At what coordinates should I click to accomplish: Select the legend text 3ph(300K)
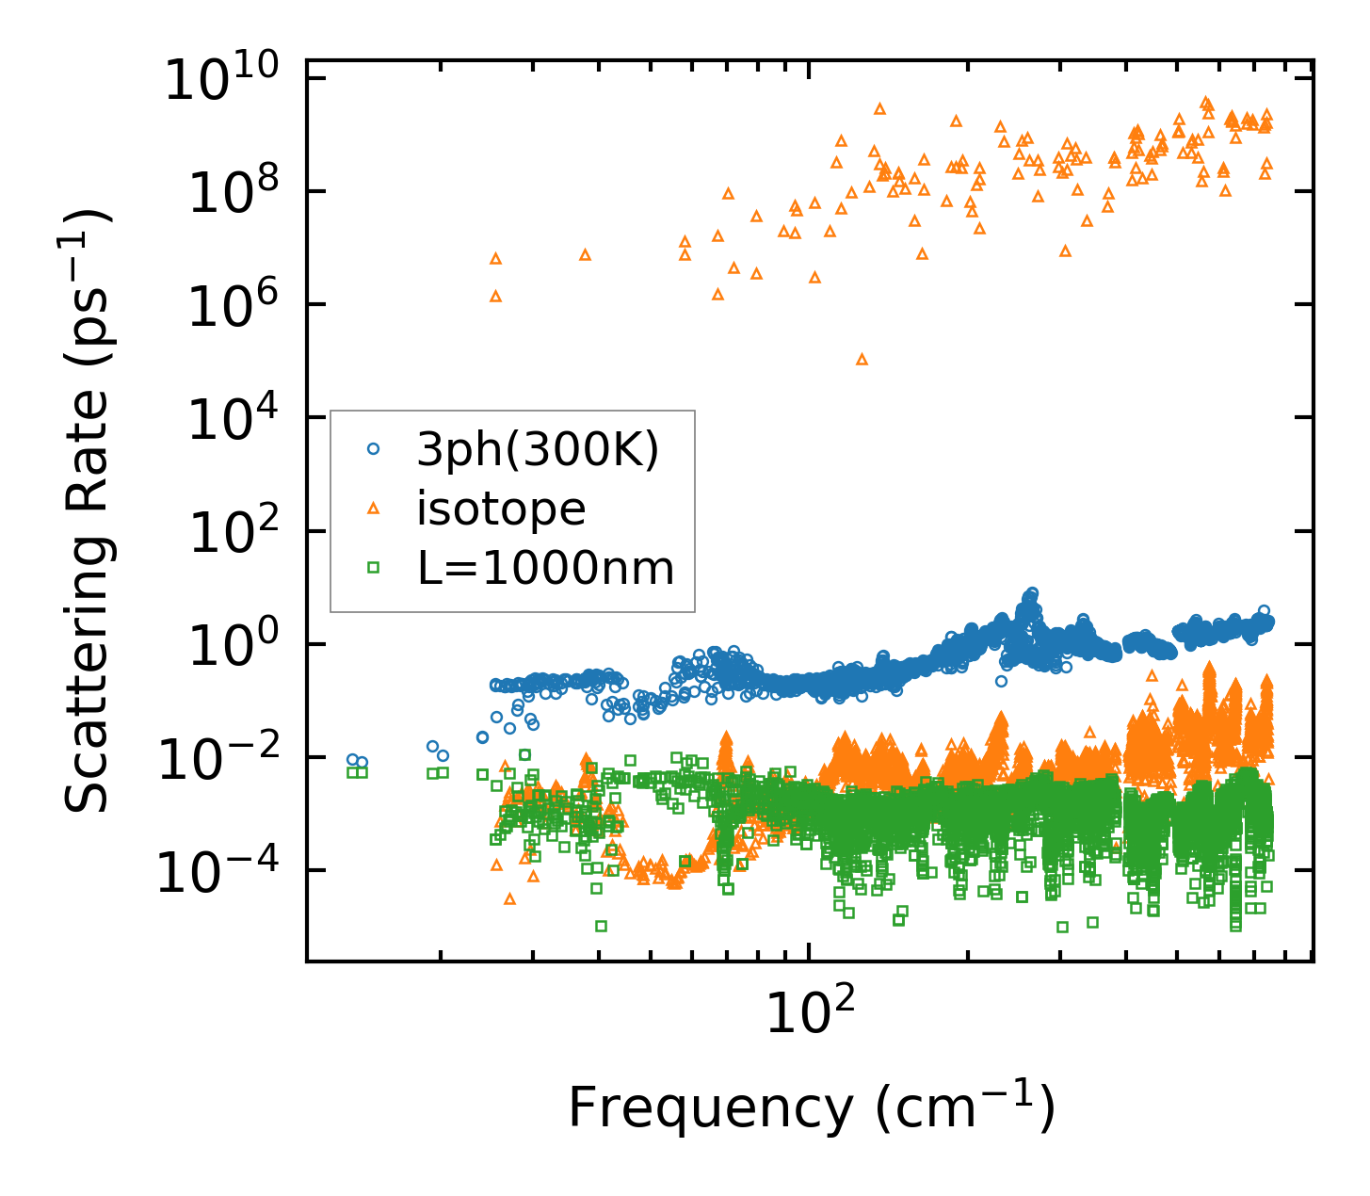[538, 451]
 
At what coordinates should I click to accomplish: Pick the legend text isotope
[501, 509]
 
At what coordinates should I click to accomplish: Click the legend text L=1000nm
[545, 568]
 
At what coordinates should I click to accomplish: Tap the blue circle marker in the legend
[373, 450]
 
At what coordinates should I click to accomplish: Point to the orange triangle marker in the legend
[373, 509]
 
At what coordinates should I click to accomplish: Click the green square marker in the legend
[373, 567]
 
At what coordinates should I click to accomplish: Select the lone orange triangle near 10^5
[862, 359]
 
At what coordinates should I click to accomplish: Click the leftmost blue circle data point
[352, 759]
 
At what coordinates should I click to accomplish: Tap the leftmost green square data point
[352, 772]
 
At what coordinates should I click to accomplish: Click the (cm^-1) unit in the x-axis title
[965, 1108]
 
